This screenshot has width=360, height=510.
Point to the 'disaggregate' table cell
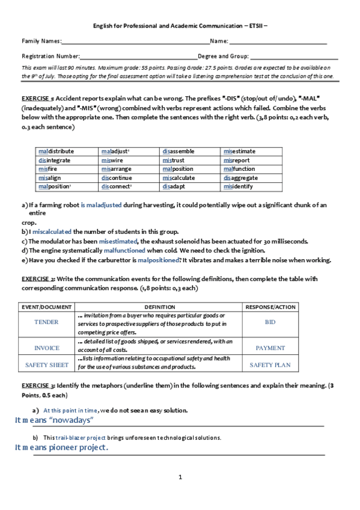click(x=240, y=178)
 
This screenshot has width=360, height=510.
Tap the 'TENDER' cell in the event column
click(x=47, y=322)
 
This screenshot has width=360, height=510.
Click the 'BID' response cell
click(x=270, y=322)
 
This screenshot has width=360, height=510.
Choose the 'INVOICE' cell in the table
click(x=47, y=348)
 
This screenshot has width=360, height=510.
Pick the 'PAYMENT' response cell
click(x=270, y=348)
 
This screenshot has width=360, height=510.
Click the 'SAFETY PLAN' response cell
click(x=270, y=365)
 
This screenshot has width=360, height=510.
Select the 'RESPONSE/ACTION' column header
click(x=270, y=307)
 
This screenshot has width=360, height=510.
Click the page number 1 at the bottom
click(x=180, y=478)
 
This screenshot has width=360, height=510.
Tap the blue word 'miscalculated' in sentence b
click(x=52, y=232)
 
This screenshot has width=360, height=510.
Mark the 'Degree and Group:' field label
click(x=223, y=56)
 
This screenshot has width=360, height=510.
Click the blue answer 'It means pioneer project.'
click(x=61, y=448)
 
